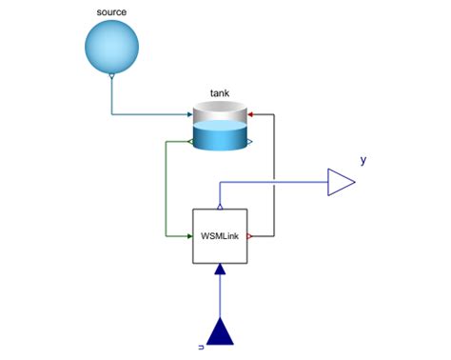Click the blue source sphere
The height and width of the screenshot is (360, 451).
pyautogui.click(x=111, y=44)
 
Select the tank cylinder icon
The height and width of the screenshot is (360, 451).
pyautogui.click(x=220, y=128)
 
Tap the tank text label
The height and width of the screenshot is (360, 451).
pyautogui.click(x=220, y=94)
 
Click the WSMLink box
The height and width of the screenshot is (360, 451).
pyautogui.click(x=220, y=235)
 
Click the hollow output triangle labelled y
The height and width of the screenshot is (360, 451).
pyautogui.click(x=341, y=181)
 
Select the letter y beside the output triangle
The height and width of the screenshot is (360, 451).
pyautogui.click(x=363, y=160)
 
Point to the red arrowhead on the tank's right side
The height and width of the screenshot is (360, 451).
pyautogui.click(x=250, y=113)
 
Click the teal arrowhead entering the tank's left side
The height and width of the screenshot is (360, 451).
pyautogui.click(x=189, y=114)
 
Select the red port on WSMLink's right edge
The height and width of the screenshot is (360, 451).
pyautogui.click(x=250, y=235)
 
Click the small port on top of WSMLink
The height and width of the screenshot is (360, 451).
pyautogui.click(x=220, y=206)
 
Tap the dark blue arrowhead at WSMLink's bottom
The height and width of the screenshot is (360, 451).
pyautogui.click(x=220, y=268)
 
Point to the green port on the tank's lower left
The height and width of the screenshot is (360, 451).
pyautogui.click(x=193, y=143)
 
